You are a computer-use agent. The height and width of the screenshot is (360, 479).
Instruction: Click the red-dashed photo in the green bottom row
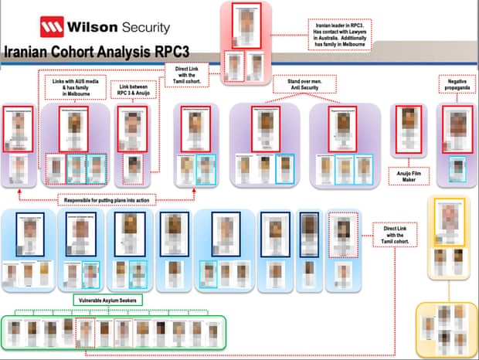(86, 334)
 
